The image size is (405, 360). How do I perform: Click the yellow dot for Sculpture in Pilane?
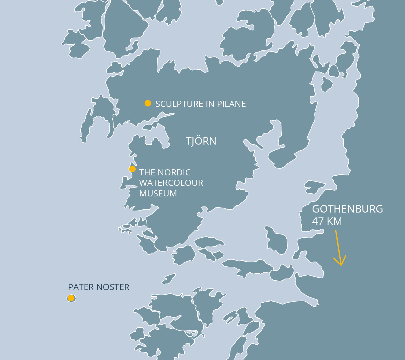tap(148, 103)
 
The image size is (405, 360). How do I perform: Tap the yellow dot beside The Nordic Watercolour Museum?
tap(132, 169)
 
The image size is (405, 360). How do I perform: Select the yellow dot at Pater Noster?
tap(71, 298)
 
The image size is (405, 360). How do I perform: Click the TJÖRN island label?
tap(201, 141)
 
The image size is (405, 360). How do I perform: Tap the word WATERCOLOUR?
tap(171, 183)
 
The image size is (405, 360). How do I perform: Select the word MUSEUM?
tap(158, 194)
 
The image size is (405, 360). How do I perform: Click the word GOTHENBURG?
tap(347, 209)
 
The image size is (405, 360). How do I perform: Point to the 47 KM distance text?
tap(327, 221)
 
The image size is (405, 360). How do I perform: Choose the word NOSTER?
tap(113, 287)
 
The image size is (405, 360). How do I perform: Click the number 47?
tap(318, 221)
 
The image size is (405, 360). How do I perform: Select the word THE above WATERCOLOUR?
tap(147, 173)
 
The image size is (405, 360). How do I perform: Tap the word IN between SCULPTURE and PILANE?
tap(209, 104)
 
